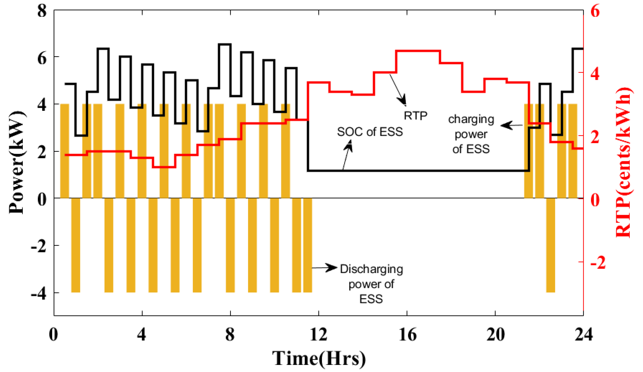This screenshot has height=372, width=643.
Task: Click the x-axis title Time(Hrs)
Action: [x=319, y=358]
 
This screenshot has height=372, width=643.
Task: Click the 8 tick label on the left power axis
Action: [x=42, y=11]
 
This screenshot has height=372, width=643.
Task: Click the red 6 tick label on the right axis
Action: [x=595, y=11]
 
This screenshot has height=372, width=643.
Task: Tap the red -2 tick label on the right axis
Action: [x=598, y=263]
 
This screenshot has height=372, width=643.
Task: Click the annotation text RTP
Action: [x=415, y=116]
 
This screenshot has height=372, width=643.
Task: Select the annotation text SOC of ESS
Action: [x=370, y=132]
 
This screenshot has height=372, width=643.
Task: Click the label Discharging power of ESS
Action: [x=371, y=284]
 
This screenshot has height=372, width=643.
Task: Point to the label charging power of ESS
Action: [x=471, y=134]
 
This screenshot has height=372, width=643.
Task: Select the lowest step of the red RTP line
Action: [x=164, y=167]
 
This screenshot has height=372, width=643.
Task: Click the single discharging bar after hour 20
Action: [x=550, y=245]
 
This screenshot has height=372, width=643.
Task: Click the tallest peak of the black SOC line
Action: [x=225, y=44]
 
